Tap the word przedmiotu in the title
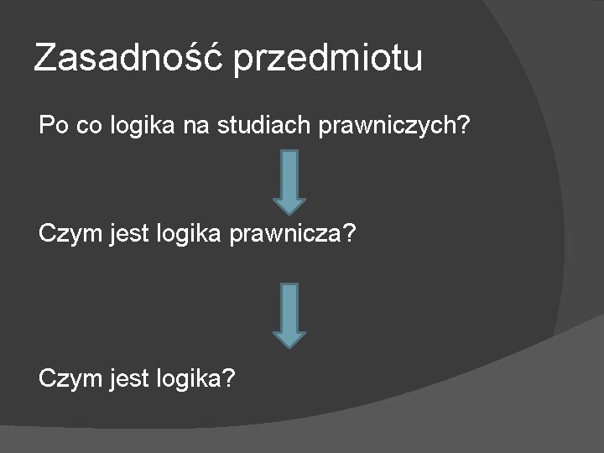(330, 60)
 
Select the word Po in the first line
(53, 127)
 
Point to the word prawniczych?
(398, 128)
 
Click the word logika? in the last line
(195, 378)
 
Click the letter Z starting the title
(44, 59)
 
